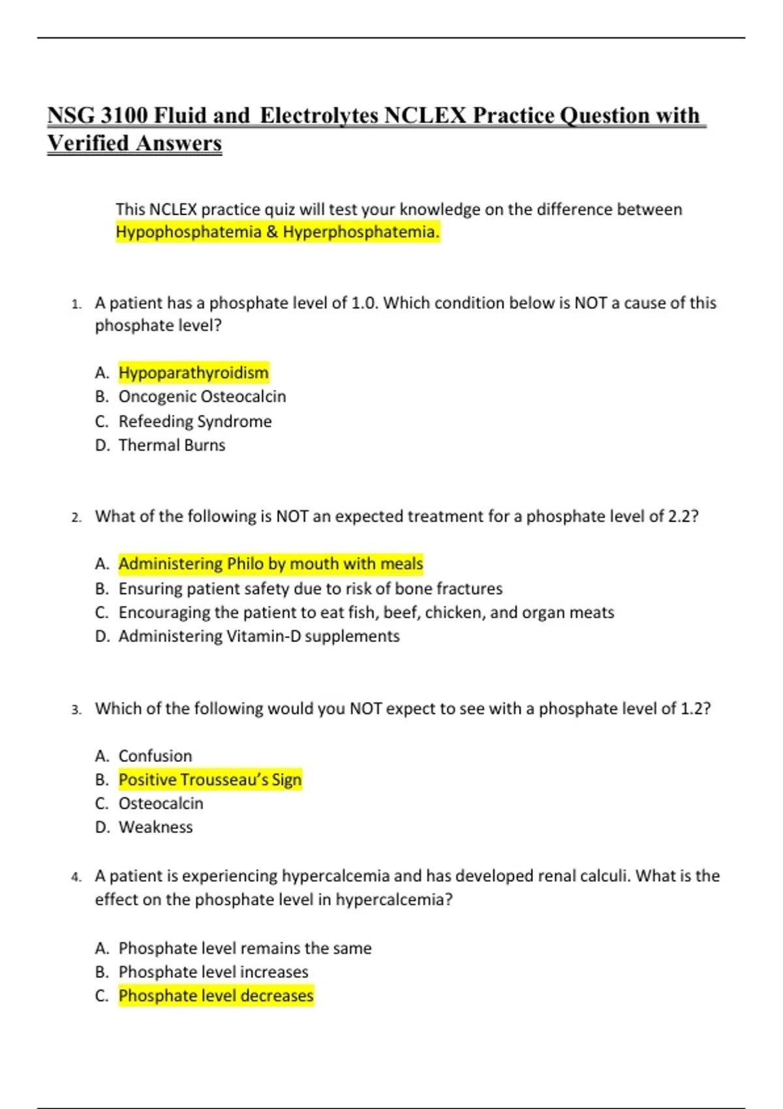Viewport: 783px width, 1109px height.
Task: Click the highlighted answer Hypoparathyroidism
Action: tap(193, 372)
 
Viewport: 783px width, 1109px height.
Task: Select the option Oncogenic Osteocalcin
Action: tap(202, 397)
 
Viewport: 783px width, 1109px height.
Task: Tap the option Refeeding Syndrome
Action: tap(194, 421)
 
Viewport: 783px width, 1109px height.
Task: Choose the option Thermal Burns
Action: tap(172, 445)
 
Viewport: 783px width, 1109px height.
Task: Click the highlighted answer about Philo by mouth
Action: tap(270, 564)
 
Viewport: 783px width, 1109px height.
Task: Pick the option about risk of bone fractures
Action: tap(310, 588)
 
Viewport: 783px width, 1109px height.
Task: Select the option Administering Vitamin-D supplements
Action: tap(258, 636)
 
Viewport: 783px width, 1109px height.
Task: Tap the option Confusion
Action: tap(155, 755)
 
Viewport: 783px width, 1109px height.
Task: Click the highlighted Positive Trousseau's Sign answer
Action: tap(209, 780)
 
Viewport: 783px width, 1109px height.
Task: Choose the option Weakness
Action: tap(155, 827)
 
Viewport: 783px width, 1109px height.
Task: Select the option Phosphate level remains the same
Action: tap(245, 948)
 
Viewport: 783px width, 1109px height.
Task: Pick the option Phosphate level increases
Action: tap(213, 972)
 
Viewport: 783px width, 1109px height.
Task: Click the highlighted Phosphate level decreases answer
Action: tap(215, 995)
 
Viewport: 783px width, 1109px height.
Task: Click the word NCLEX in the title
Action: tap(425, 115)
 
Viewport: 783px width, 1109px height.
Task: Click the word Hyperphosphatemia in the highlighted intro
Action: tap(361, 232)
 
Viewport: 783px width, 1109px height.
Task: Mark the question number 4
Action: tap(76, 877)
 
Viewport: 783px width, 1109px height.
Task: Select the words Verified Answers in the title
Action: tap(134, 144)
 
